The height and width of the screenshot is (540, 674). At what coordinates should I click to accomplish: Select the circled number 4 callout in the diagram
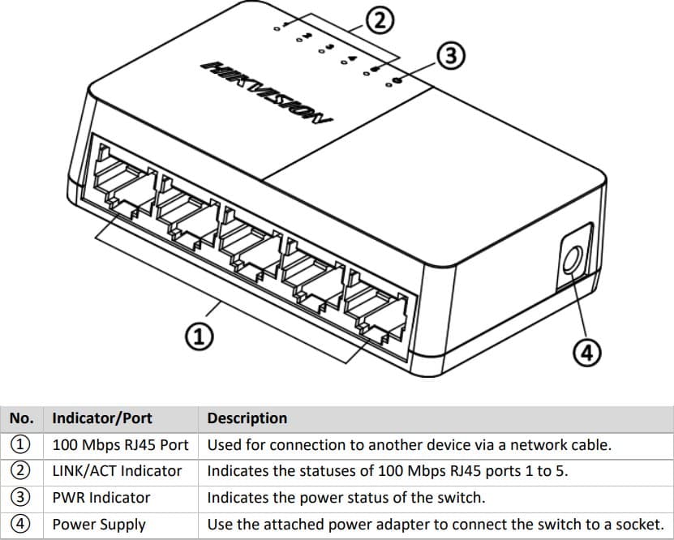click(x=586, y=352)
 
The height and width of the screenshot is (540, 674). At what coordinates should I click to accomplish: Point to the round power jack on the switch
click(x=571, y=260)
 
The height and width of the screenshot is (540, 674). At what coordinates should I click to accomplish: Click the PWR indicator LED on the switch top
click(x=397, y=79)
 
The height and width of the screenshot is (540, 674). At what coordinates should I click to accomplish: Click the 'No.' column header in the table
click(x=21, y=418)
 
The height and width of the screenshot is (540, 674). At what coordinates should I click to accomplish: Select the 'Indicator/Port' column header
click(x=102, y=418)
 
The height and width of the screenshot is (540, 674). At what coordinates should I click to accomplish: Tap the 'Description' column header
click(x=247, y=418)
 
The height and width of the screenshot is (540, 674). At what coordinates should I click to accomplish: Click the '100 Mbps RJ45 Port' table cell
click(x=120, y=445)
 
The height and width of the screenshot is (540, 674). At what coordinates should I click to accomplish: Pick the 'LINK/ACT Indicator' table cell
click(x=117, y=471)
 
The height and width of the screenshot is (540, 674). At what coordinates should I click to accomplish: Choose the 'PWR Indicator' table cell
click(x=101, y=498)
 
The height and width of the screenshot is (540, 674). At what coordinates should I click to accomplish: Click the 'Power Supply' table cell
click(x=99, y=525)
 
